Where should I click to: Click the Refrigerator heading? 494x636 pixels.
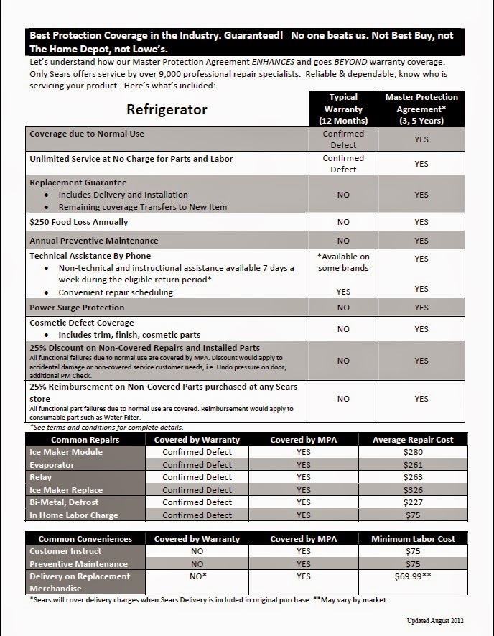167,109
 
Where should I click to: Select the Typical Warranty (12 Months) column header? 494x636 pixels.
343,109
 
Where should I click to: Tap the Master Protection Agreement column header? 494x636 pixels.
421,109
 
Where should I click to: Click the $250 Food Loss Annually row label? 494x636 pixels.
79,222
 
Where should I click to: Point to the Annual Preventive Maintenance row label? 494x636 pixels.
94,241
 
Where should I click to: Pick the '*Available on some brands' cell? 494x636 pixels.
343,262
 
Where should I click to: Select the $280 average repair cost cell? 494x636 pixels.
414,452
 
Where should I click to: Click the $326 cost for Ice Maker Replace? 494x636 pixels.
414,489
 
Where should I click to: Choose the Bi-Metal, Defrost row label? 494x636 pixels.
65,502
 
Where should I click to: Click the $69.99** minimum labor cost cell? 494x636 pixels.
414,576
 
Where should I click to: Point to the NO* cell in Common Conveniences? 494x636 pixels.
197,576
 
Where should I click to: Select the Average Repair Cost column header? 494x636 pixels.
414,439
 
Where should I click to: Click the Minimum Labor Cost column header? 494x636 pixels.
414,538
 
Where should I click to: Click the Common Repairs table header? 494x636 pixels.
85,439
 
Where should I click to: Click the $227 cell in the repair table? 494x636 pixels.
414,502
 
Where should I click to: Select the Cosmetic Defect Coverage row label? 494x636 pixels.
82,323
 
